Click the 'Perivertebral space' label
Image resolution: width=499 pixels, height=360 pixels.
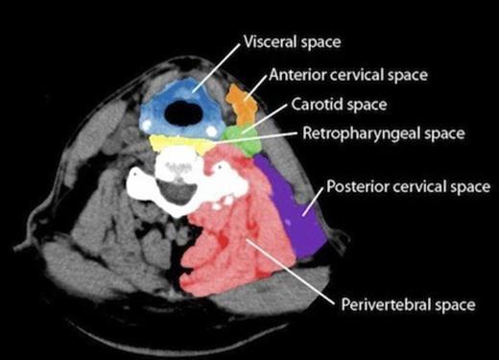click(x=408, y=305)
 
